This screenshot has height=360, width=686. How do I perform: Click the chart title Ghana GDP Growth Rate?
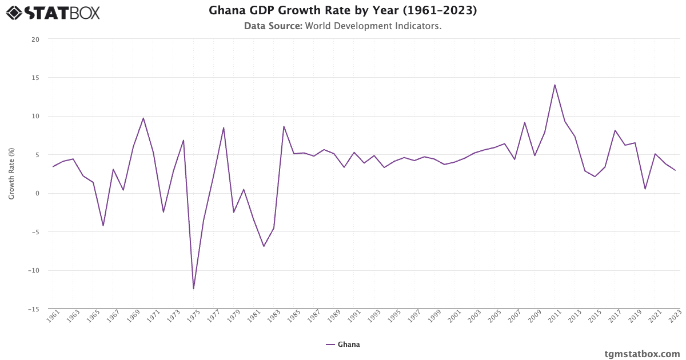[343, 11]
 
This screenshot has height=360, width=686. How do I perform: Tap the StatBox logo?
[53, 13]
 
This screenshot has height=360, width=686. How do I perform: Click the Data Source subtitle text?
[343, 26]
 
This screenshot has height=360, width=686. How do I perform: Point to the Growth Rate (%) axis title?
[11, 173]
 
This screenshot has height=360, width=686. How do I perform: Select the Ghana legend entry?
[343, 345]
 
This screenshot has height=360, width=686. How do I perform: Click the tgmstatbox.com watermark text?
[642, 354]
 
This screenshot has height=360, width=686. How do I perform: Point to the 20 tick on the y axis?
[35, 39]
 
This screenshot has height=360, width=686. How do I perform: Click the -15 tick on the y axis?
[34, 309]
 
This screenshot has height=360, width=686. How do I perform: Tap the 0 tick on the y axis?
[37, 193]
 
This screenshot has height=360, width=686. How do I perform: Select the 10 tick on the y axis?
[35, 116]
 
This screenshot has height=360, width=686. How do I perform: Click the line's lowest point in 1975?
[193, 289]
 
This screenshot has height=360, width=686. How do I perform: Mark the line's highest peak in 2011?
[555, 85]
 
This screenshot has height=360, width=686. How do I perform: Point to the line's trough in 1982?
[264, 246]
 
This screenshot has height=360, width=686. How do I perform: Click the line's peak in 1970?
[143, 118]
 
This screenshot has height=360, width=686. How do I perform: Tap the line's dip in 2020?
[645, 189]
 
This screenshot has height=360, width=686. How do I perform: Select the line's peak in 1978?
[224, 127]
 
